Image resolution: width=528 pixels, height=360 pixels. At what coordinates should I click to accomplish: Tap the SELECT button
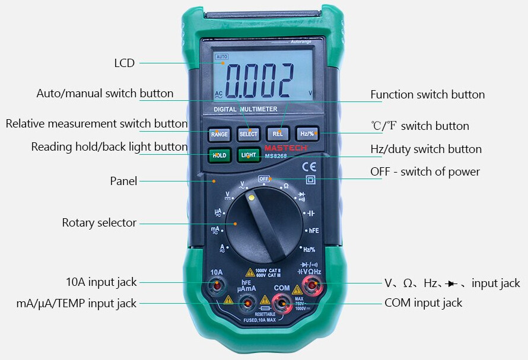249,134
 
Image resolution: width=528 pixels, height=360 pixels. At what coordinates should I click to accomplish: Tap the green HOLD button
219,155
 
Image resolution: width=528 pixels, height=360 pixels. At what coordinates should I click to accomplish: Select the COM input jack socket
282,305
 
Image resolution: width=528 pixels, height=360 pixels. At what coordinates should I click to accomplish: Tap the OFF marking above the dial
264,179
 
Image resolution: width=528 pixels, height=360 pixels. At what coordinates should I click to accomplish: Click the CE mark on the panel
309,166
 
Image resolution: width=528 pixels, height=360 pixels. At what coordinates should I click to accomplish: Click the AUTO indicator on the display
222,56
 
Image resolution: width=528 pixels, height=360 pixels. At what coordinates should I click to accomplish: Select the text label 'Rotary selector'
99,223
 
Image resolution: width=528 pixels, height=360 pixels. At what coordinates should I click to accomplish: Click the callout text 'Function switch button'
427,94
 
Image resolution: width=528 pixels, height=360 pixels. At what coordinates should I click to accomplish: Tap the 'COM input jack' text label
423,302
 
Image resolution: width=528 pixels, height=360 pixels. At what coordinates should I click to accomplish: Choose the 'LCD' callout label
125,63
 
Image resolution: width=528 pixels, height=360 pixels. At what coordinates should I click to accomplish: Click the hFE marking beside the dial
313,230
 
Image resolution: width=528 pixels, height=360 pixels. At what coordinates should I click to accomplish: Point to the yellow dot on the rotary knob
252,197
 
